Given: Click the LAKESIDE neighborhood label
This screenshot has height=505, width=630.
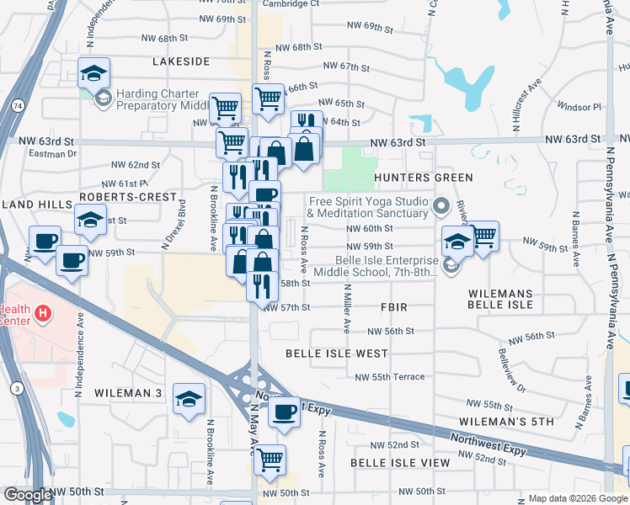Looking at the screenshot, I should pyautogui.click(x=181, y=61).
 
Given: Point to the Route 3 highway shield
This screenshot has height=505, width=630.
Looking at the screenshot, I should pyautogui.click(x=17, y=387).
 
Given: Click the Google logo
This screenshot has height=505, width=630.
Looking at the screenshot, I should pyautogui.click(x=27, y=495).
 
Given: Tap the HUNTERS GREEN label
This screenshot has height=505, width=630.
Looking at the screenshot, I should pyautogui.click(x=424, y=178).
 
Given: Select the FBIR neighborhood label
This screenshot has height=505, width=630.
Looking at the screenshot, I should pyautogui.click(x=394, y=307).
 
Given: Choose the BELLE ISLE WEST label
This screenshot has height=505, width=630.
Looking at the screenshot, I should pyautogui.click(x=336, y=353).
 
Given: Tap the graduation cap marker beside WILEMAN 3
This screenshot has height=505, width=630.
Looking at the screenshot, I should pyautogui.click(x=190, y=398).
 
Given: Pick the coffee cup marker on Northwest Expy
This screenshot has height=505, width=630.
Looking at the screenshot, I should pyautogui.click(x=285, y=412).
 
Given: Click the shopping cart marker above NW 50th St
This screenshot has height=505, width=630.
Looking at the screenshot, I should pyautogui.click(x=270, y=460).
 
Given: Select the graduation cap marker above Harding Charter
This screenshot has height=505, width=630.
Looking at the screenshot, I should pyautogui.click(x=94, y=72).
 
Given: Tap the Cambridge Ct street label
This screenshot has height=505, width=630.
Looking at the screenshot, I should pyautogui.click(x=291, y=3).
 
